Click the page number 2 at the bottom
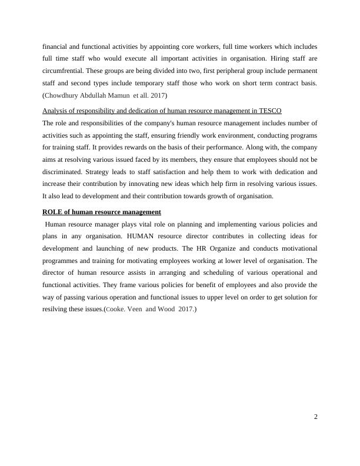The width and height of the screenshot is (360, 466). click(x=316, y=417)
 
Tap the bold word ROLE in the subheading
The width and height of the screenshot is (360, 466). click(x=54, y=212)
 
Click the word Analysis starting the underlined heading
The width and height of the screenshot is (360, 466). click(x=56, y=111)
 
